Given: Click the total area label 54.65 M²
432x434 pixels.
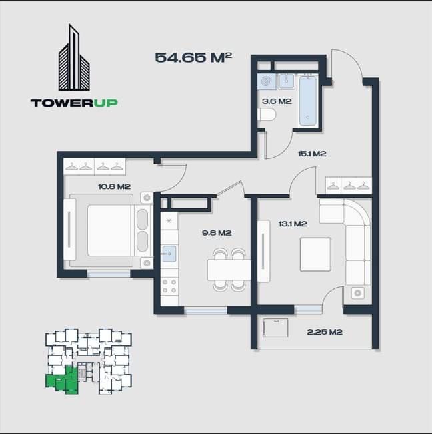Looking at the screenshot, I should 193,57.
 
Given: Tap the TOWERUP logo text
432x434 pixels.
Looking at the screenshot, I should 74,103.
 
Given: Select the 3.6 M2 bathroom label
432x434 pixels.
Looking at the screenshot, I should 277,101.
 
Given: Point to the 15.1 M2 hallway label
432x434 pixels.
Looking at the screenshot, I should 311,154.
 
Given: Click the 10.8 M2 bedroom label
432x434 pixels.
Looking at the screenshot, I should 114,186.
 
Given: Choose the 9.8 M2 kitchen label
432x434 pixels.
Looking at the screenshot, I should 217,233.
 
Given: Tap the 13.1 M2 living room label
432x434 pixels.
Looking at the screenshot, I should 292,224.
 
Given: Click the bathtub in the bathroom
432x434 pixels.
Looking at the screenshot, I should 307,100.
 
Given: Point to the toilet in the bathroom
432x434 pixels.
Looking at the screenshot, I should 267,115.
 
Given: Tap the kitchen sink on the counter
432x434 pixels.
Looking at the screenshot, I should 169,253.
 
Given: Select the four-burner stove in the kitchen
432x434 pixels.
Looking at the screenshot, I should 169,286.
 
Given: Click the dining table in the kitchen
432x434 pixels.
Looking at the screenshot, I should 229,270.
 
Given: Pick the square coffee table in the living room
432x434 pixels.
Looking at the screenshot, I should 315,254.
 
